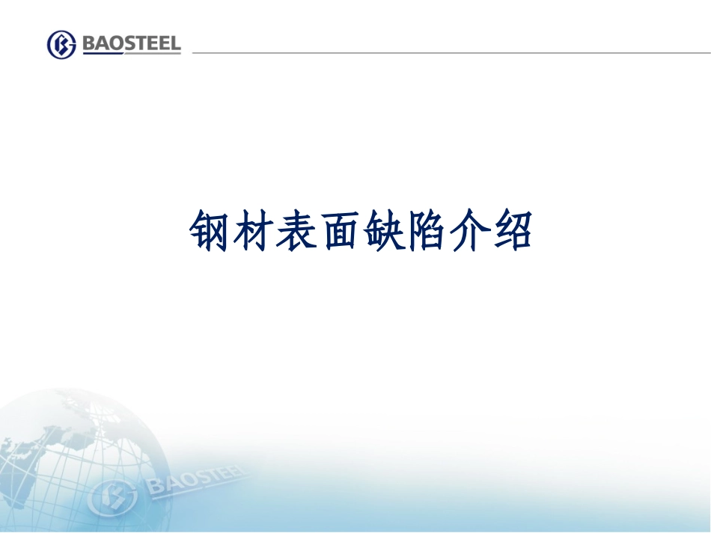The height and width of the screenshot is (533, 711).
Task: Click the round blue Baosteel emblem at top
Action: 61,44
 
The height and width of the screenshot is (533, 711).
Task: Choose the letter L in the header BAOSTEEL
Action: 175,43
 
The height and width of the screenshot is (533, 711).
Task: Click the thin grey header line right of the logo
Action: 449,53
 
